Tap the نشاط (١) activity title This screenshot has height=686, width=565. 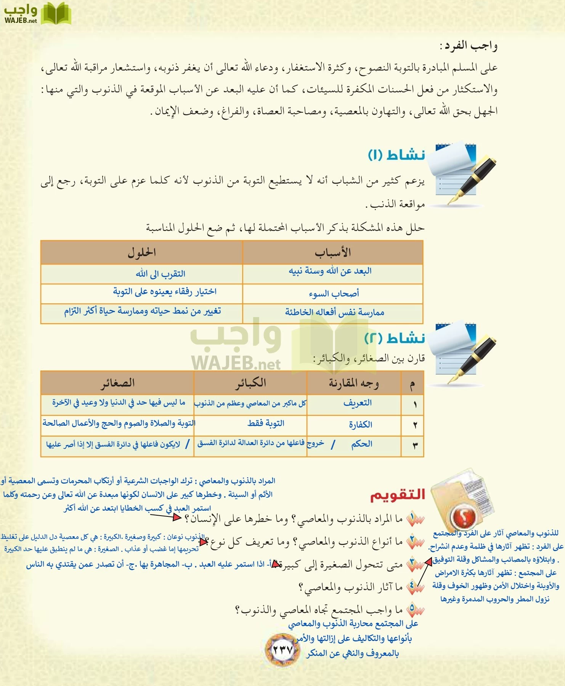pyautogui.click(x=396, y=155)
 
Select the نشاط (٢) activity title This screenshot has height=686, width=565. pyautogui.click(x=395, y=338)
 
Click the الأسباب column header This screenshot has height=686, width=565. pyautogui.click(x=332, y=252)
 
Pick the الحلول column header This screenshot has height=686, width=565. pyautogui.click(x=141, y=252)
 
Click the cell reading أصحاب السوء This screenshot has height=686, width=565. pyautogui.click(x=334, y=293)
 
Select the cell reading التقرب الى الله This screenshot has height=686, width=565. pyautogui.click(x=161, y=274)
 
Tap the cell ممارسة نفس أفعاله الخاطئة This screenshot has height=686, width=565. pyautogui.click(x=334, y=313)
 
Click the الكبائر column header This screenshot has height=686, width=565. pyautogui.click(x=250, y=383)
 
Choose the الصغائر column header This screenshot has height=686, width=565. pyautogui.click(x=117, y=383)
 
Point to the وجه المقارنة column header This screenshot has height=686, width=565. pyautogui.click(x=354, y=383)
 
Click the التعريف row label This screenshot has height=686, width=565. pyautogui.click(x=357, y=403)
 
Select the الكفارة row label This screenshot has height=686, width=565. pyautogui.click(x=360, y=424)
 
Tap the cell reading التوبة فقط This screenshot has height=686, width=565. pyautogui.click(x=266, y=423)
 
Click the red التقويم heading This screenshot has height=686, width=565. pyautogui.click(x=397, y=494)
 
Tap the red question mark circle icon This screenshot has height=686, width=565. pyautogui.click(x=464, y=516)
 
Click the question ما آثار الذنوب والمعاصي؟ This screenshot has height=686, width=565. pyautogui.click(x=351, y=587)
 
